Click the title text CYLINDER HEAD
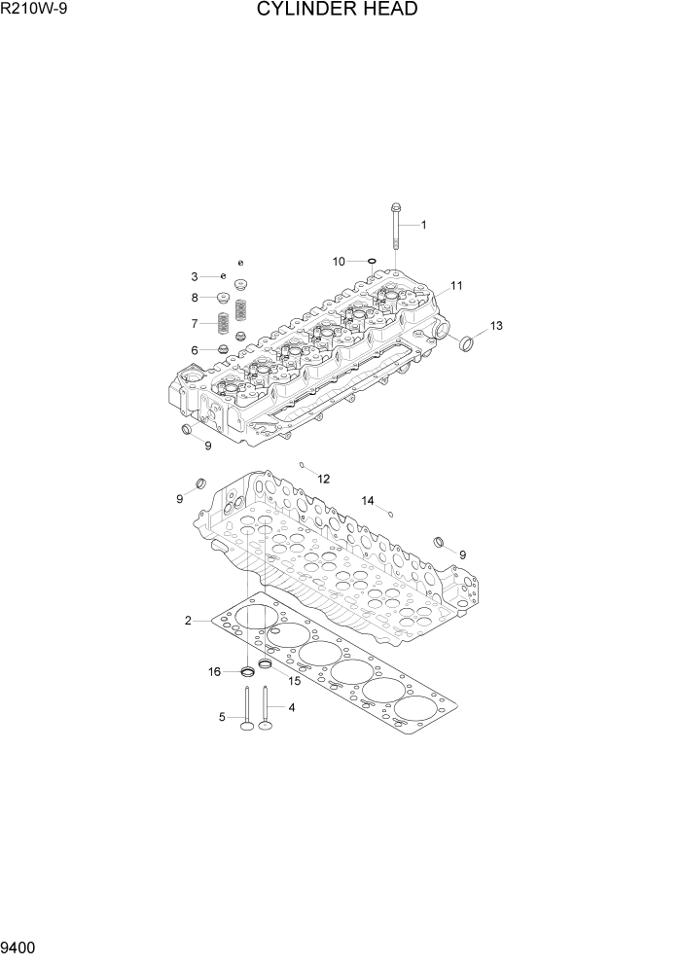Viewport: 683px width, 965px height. click(338, 11)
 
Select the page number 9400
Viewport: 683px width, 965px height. click(19, 947)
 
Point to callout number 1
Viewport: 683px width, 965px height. click(423, 225)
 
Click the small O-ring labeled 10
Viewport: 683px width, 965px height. click(371, 261)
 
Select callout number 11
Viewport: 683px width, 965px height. click(456, 286)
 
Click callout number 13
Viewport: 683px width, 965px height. click(496, 325)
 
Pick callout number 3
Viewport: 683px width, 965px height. click(195, 277)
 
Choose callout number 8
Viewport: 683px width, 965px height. click(195, 298)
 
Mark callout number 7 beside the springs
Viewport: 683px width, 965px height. click(195, 323)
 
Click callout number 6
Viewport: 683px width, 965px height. click(195, 350)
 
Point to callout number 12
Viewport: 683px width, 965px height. click(323, 479)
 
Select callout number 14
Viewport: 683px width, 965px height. click(368, 500)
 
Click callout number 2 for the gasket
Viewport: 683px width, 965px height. click(189, 620)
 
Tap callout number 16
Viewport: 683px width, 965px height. click(214, 671)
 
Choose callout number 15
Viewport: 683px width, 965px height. click(294, 680)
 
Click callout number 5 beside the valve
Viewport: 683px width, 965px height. click(222, 718)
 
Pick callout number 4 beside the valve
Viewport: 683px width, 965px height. click(291, 707)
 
